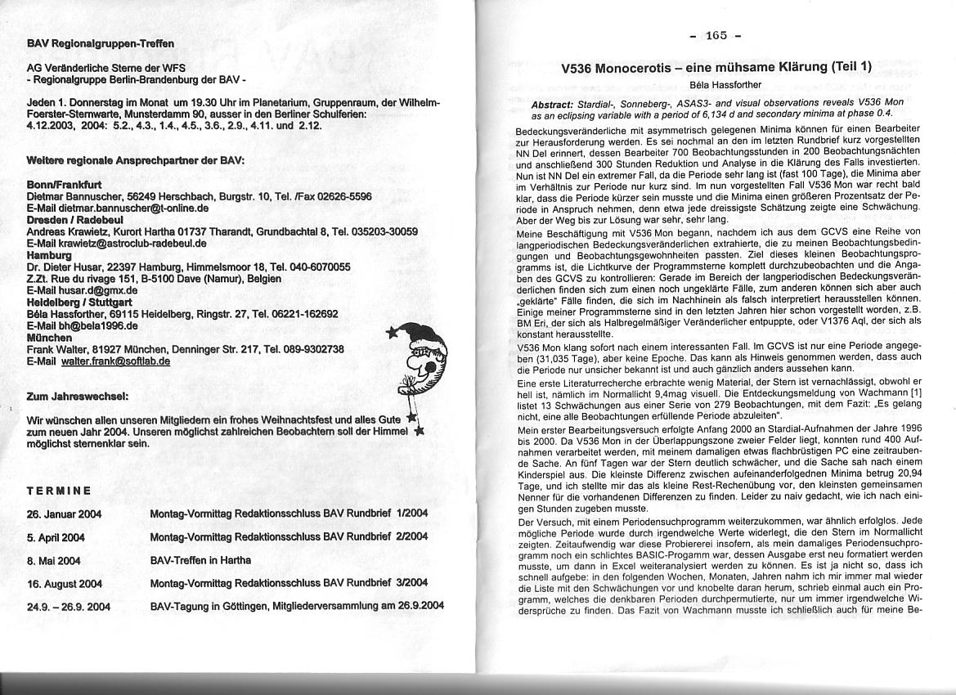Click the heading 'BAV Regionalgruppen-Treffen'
tap(101, 43)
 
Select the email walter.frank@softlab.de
tap(116, 361)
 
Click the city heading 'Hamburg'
tap(50, 254)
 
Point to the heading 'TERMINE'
tap(59, 491)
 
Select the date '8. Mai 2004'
tap(54, 560)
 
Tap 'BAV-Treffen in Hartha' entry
tap(200, 560)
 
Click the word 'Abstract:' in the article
tap(558, 105)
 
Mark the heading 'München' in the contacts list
tap(50, 337)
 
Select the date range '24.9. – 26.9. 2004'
tap(69, 607)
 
